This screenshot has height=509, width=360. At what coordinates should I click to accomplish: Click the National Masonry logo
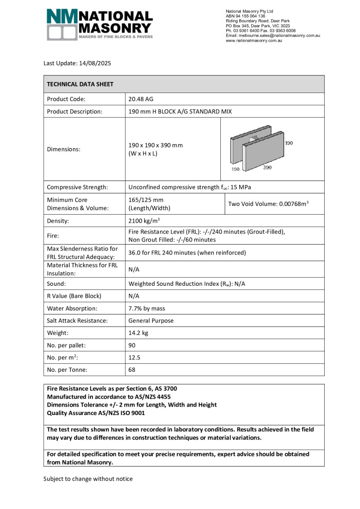99,24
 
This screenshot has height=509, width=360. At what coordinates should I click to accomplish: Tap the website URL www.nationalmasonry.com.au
254,41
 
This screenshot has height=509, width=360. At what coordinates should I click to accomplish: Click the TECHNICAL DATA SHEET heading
80,85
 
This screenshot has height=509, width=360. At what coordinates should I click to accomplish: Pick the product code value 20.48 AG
141,99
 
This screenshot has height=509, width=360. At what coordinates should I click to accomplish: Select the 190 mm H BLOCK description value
180,111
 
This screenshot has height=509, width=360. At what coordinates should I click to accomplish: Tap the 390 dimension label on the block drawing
267,168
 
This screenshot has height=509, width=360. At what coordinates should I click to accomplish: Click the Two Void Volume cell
272,204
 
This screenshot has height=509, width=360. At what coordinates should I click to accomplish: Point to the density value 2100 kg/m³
144,221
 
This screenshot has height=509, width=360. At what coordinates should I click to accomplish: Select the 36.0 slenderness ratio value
187,253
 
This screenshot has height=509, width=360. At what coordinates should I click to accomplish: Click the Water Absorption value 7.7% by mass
150,308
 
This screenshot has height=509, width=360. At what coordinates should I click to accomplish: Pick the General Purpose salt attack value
151,321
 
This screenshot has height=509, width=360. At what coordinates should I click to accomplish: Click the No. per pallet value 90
132,345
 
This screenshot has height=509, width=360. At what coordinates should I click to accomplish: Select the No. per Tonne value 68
132,370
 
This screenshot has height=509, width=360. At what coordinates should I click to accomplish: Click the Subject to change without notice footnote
88,479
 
